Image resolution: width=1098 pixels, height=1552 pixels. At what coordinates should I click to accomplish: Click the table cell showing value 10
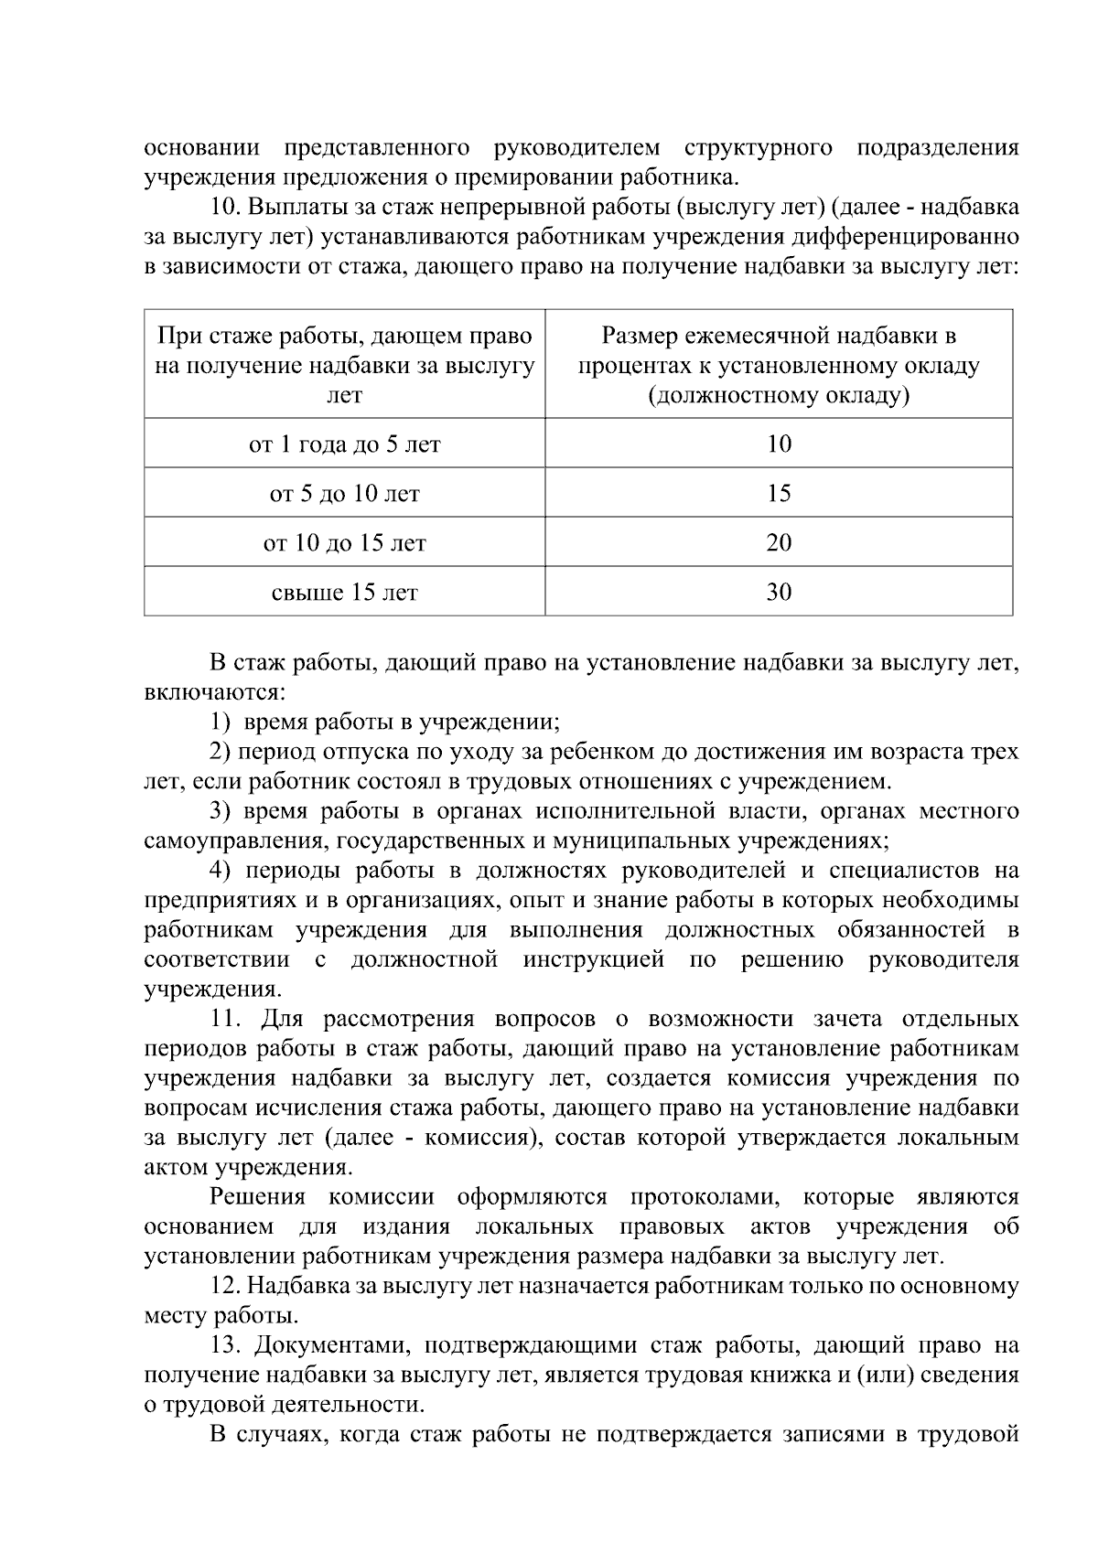click(x=779, y=444)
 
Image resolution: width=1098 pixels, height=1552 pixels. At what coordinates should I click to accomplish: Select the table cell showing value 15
click(x=779, y=494)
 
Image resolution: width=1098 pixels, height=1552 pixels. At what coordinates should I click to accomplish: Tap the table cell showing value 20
click(x=779, y=543)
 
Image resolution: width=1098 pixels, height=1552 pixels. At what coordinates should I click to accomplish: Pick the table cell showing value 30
click(x=779, y=593)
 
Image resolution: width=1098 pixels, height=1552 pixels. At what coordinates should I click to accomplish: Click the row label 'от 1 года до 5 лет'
click(x=345, y=444)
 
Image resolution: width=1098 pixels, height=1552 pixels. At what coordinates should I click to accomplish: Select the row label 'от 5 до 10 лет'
click(x=345, y=494)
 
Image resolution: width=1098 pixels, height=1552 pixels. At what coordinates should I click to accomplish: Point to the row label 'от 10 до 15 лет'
click(x=345, y=543)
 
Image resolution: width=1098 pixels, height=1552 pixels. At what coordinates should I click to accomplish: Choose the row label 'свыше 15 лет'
click(x=345, y=593)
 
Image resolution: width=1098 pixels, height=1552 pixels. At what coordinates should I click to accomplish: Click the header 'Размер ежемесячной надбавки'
click(x=779, y=337)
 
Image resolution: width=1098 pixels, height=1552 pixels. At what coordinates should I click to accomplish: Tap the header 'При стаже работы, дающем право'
click(x=345, y=337)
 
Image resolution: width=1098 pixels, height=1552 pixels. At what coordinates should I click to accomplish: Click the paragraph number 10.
click(x=224, y=208)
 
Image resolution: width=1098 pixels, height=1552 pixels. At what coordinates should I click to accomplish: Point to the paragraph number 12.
click(x=224, y=1287)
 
